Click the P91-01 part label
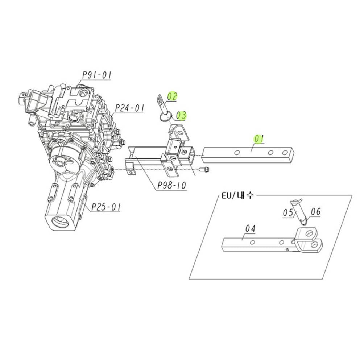click(97, 75)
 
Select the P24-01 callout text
click(129, 108)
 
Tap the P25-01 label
click(106, 207)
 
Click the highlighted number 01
click(259, 139)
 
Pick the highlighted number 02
click(172, 96)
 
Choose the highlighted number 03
click(181, 115)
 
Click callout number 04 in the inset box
click(250, 228)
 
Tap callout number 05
click(288, 212)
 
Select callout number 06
click(316, 211)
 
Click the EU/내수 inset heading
click(238, 196)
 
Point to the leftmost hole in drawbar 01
click(237, 153)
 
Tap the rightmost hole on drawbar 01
click(285, 153)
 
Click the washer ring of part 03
click(166, 117)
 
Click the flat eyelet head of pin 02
click(160, 99)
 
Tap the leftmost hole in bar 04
click(252, 242)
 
